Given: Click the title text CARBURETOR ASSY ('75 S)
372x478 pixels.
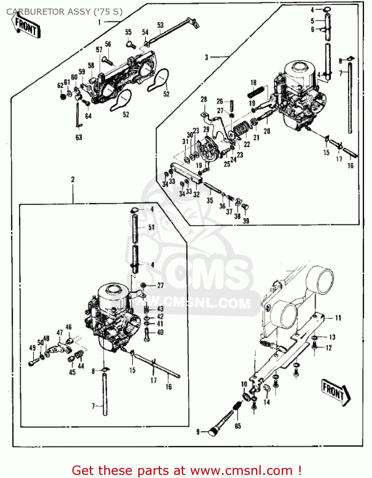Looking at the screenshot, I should [64, 12].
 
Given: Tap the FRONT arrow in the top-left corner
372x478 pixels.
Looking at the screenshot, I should [26, 27].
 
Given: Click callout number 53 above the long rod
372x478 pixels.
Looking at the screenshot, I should [160, 25].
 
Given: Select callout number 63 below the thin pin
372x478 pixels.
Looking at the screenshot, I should [79, 137].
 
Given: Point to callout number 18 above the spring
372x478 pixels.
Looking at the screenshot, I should [253, 83].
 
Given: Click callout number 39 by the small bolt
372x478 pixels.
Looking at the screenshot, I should [246, 221].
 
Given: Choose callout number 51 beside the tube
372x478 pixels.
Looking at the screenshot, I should [151, 227].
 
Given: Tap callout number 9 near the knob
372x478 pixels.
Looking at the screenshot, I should [198, 432].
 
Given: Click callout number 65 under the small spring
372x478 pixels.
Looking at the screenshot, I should [238, 426].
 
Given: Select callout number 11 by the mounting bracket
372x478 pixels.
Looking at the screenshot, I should [338, 318].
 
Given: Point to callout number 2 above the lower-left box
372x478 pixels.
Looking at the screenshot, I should [73, 179].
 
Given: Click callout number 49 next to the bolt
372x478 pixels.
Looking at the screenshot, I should [32, 348].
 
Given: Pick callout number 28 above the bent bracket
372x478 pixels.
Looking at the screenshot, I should [204, 99].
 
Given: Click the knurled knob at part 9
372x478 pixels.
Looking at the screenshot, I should [213, 432].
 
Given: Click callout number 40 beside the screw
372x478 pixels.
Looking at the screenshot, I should [160, 332].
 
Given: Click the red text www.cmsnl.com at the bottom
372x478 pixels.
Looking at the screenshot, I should [241, 471].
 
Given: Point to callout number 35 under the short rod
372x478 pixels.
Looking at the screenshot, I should [210, 200].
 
